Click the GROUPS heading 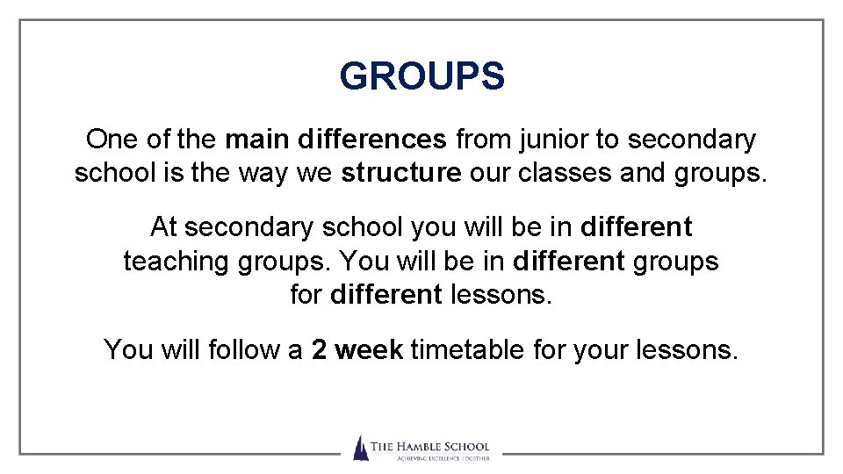[x=421, y=76]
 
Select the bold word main [x=258, y=140]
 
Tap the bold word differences [x=372, y=140]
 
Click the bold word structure [x=401, y=173]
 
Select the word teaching [x=174, y=262]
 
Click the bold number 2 [x=320, y=350]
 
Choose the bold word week [x=369, y=350]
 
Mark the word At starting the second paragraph [x=163, y=228]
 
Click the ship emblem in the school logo [x=360, y=448]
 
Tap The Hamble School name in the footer [x=429, y=447]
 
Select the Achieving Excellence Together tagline [x=429, y=457]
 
